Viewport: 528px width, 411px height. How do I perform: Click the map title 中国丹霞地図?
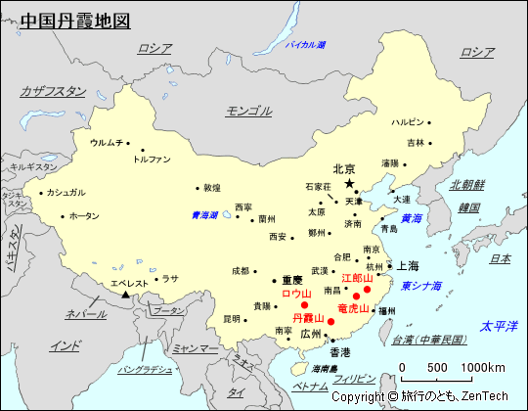[x=74, y=20]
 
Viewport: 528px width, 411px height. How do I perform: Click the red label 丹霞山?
[x=308, y=318]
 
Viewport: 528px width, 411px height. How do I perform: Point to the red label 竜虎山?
[x=352, y=308]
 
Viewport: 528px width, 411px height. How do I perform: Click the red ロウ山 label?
[x=296, y=293]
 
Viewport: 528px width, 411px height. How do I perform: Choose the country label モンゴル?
[x=248, y=110]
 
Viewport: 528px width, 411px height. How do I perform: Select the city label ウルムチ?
[x=107, y=143]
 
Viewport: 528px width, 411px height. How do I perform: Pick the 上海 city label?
[x=408, y=265]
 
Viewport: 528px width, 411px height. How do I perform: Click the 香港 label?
[x=339, y=352]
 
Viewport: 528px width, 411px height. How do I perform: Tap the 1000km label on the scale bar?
[x=484, y=367]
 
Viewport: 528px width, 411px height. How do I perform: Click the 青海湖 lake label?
[x=205, y=215]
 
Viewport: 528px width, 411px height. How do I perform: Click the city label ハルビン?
[x=408, y=122]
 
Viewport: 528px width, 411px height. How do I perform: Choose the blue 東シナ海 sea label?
[x=422, y=285]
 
